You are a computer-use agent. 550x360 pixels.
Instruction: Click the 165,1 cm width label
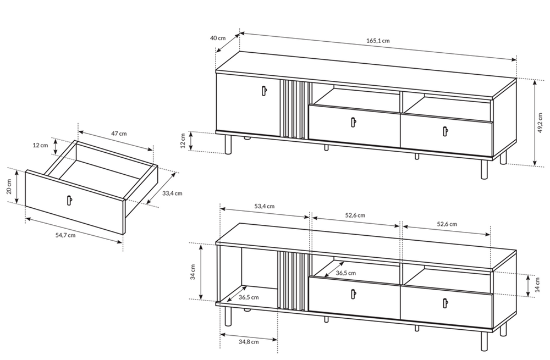[378, 40]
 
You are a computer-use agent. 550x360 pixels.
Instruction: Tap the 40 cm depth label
[218, 38]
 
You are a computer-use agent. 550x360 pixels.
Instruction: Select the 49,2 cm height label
[540, 123]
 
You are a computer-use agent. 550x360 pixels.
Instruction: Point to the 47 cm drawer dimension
[119, 133]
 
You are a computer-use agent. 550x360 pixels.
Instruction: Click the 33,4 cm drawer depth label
[172, 193]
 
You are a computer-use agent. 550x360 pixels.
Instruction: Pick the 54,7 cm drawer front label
[65, 235]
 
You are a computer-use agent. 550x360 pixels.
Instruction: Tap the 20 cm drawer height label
[9, 186]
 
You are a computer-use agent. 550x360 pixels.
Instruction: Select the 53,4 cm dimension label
[265, 206]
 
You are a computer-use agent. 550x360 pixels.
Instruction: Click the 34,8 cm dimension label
[249, 342]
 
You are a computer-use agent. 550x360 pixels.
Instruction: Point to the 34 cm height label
[193, 272]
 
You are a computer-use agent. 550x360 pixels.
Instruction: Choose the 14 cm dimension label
[538, 284]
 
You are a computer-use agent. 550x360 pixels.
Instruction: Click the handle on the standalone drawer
[69, 200]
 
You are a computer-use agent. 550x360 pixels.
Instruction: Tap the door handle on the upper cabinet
[264, 91]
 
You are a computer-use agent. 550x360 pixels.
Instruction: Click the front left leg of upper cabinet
[228, 145]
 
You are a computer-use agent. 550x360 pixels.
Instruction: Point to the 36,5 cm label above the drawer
[345, 273]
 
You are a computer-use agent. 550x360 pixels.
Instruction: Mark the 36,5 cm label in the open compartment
[249, 297]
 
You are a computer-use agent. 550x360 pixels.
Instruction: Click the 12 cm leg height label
[183, 141]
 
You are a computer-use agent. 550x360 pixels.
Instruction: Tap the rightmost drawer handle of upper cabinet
[446, 131]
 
